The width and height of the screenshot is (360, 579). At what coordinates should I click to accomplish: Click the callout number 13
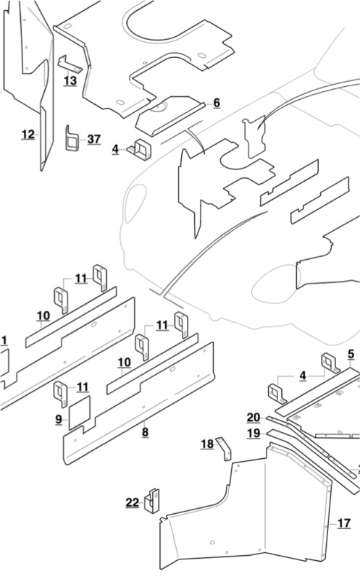coord(70,81)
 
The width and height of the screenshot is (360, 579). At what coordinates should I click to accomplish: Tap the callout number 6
coord(216,103)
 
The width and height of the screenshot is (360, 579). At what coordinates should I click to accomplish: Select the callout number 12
coord(28,134)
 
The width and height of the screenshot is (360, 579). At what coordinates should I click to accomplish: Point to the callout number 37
coord(94,139)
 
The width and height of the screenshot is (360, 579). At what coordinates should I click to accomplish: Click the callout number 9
coord(58,418)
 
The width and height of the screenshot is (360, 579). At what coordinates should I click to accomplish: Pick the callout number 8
coord(145,432)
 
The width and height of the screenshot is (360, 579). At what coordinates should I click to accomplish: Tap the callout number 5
coord(351,354)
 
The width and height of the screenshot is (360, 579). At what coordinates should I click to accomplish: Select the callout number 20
coord(253,418)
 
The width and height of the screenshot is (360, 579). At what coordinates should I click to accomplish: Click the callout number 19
coord(253,433)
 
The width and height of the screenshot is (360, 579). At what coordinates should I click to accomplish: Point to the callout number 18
coord(207,444)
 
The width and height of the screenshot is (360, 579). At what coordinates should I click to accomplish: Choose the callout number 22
coord(132,502)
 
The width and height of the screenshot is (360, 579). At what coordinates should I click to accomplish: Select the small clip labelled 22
coord(152,500)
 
